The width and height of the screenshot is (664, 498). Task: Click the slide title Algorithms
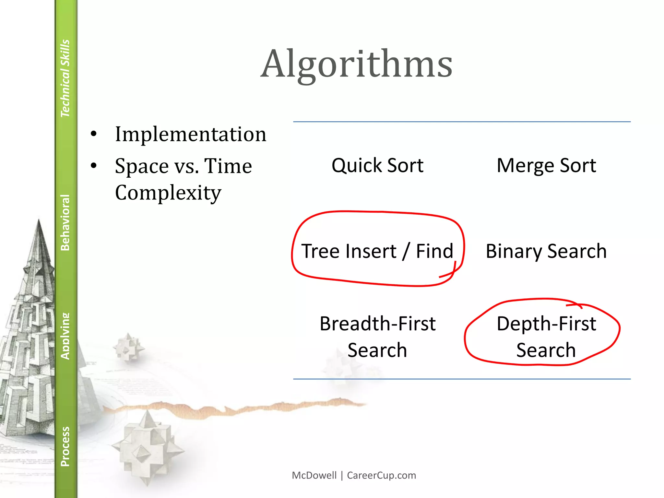356,64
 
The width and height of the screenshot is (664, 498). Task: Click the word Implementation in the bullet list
191,134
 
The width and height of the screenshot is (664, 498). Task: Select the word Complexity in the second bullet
168,193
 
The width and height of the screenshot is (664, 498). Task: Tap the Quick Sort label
377,165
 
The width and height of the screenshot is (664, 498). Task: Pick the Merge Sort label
546,165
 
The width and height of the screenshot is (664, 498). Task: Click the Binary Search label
546,251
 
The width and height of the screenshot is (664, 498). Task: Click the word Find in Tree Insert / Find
434,251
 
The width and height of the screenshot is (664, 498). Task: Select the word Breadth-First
377,324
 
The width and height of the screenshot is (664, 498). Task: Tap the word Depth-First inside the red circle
546,324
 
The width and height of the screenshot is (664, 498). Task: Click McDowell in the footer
314,475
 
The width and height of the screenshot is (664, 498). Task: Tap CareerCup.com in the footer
381,475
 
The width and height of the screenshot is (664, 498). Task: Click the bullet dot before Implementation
94,134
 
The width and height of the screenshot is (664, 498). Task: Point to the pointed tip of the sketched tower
39,220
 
